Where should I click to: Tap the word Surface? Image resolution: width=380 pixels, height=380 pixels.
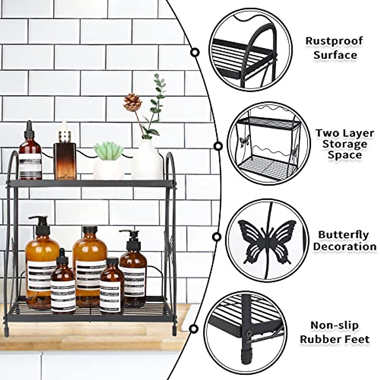coord(335,55)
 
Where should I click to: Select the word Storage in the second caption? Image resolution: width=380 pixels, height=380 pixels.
coord(345,144)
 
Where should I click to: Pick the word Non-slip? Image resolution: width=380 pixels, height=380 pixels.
coord(334,326)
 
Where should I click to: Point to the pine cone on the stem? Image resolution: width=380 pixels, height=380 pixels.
coord(132,102)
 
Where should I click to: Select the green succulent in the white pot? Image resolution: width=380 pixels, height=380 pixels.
coord(109,151)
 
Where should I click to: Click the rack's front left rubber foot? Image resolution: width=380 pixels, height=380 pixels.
coord(6,332)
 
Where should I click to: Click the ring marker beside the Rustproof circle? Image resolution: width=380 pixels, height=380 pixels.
coord(195,52)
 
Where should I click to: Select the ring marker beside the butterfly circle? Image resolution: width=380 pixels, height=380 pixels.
coord(217,237)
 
